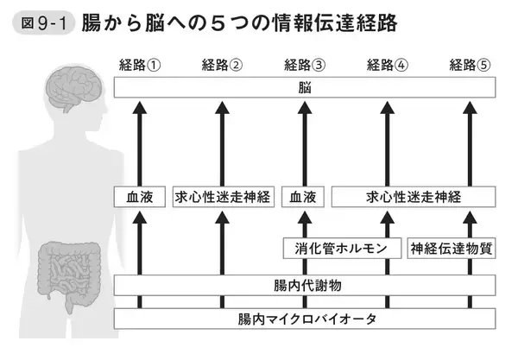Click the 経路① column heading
coord(139,66)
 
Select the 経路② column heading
coord(222,66)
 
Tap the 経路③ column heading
coord(305,66)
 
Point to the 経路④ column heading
coord(388,66)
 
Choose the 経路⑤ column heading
coord(471,66)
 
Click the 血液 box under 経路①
coord(139,197)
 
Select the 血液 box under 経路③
coord(305,197)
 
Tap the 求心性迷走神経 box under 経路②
coord(222,197)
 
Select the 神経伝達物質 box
coord(451,249)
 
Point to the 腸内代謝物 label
coord(304,285)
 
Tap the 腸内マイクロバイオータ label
coord(304,319)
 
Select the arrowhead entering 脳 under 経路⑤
coord(471,106)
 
